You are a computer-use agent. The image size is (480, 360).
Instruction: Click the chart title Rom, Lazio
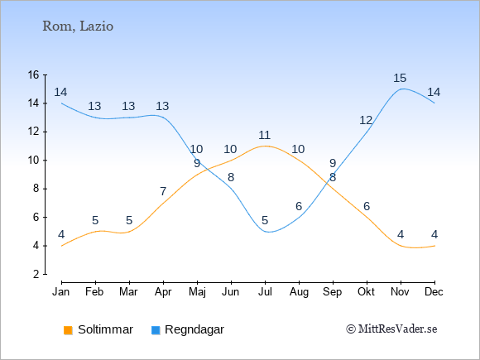pyautogui.click(x=78, y=26)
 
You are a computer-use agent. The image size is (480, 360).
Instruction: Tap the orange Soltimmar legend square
pyautogui.click(x=68, y=330)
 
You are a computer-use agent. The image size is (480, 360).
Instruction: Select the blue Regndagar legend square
pyautogui.click(x=156, y=330)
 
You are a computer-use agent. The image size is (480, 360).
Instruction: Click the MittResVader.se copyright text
pyautogui.click(x=391, y=329)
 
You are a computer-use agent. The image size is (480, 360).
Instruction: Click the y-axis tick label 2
pyautogui.click(x=36, y=274)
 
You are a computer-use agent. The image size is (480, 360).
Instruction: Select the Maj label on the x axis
pyautogui.click(x=197, y=292)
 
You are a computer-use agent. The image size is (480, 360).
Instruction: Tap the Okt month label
pyautogui.click(x=366, y=292)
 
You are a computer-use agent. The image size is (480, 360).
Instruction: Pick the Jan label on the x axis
pyautogui.click(x=61, y=292)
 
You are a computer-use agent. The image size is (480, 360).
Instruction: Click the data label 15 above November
pyautogui.click(x=400, y=78)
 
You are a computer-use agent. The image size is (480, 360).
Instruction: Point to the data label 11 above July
pyautogui.click(x=264, y=135)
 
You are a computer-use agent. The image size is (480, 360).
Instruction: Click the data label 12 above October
pyautogui.click(x=366, y=121)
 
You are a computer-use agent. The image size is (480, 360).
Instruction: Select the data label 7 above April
pyautogui.click(x=163, y=192)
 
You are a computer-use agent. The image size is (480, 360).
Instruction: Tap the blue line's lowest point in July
pyautogui.click(x=268, y=232)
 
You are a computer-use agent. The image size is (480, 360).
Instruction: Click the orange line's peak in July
pyautogui.click(x=265, y=146)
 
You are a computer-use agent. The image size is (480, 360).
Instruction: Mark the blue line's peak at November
pyautogui.click(x=401, y=89)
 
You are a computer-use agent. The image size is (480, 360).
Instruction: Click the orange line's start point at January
pyautogui.click(x=62, y=246)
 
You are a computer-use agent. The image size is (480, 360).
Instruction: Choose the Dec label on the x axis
pyautogui.click(x=434, y=292)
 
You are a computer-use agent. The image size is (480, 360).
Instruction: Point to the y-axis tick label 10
pyautogui.click(x=34, y=160)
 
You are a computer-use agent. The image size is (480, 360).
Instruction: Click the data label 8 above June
pyautogui.click(x=231, y=178)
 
